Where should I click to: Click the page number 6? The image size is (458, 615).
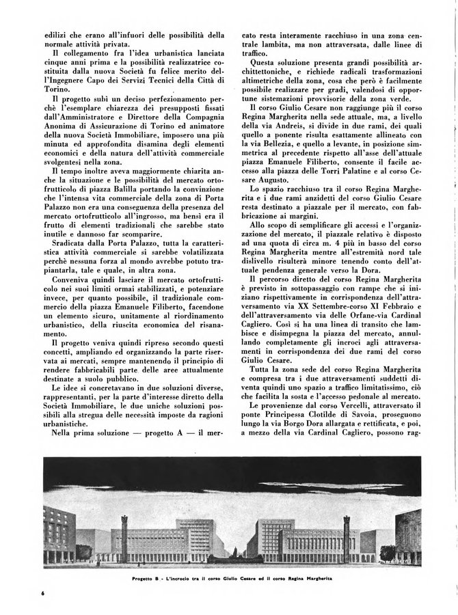click(x=42, y=592)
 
